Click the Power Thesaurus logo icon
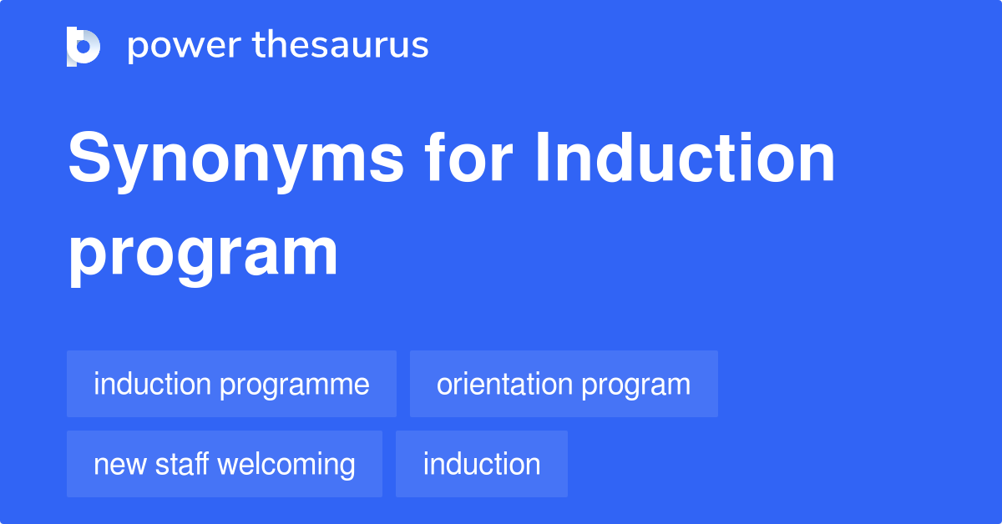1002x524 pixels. [83, 46]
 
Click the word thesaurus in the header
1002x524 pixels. [341, 46]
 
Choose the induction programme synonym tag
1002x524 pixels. [231, 384]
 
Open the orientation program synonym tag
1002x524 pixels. [564, 384]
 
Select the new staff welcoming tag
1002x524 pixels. [224, 464]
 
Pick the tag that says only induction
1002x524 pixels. [482, 464]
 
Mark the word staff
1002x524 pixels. [180, 464]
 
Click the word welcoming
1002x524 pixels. [286, 465]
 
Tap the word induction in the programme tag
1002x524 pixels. [152, 384]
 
